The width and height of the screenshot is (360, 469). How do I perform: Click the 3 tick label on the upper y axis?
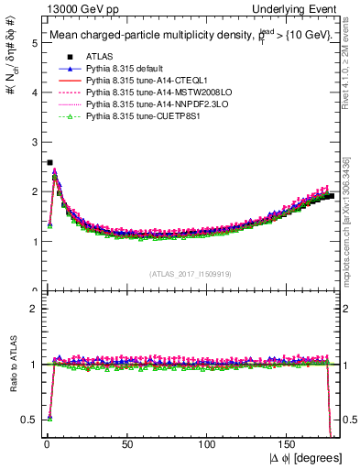point(34,142)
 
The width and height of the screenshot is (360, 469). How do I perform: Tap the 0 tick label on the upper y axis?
point(34,291)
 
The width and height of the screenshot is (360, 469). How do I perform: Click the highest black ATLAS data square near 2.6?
point(49,162)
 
